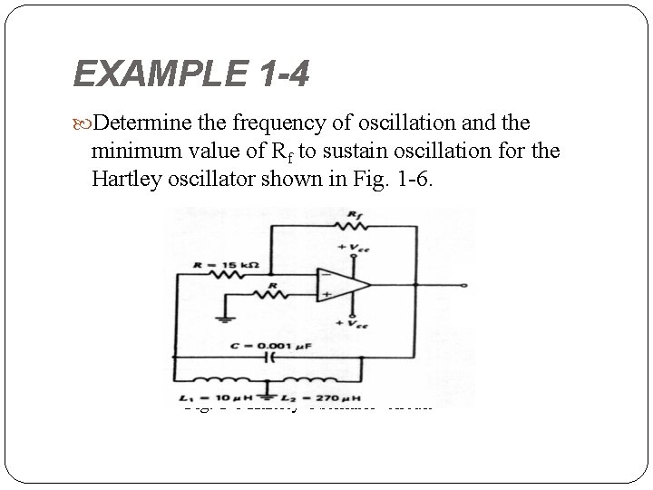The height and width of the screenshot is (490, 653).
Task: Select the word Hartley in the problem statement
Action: point(123,177)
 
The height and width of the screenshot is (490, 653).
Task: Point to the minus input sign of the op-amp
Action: point(323,273)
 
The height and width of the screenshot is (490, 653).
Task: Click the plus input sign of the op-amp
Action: point(323,294)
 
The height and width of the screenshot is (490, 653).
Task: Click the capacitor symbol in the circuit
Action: point(268,357)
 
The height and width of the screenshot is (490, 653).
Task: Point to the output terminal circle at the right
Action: point(464,284)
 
